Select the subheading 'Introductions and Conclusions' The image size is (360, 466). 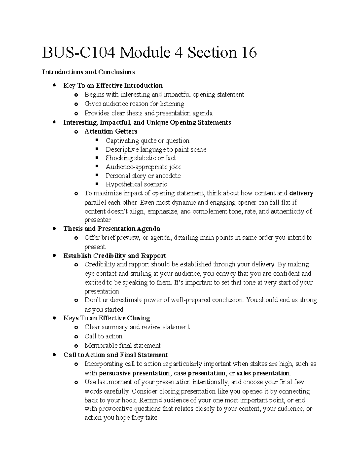pyautogui.click(x=88, y=72)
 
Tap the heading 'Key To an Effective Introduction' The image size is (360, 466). pyautogui.click(x=113, y=86)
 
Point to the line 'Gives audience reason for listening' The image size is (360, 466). pyautogui.click(x=134, y=104)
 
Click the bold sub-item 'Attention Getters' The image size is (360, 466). pyautogui.click(x=111, y=131)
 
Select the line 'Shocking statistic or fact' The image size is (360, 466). pyautogui.click(x=141, y=158)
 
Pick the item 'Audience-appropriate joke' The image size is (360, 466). pyautogui.click(x=143, y=167)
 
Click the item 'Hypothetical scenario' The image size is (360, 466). pyautogui.click(x=136, y=184)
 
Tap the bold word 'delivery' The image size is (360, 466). pyautogui.click(x=301, y=193)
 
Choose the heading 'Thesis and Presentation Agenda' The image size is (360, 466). pyautogui.click(x=112, y=229)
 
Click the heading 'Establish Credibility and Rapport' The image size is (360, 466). pyautogui.click(x=115, y=256)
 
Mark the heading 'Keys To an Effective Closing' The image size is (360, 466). pyautogui.click(x=106, y=318)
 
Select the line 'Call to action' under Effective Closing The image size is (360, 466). pyautogui.click(x=103, y=336)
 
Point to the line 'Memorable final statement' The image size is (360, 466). pyautogui.click(x=122, y=346)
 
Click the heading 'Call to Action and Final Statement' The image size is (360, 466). pyautogui.click(x=115, y=355)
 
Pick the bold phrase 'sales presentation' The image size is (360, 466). pyautogui.click(x=263, y=373)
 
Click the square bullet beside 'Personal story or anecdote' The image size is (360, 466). pyautogui.click(x=97, y=175)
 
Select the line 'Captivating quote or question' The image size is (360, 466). pyautogui.click(x=147, y=140)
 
